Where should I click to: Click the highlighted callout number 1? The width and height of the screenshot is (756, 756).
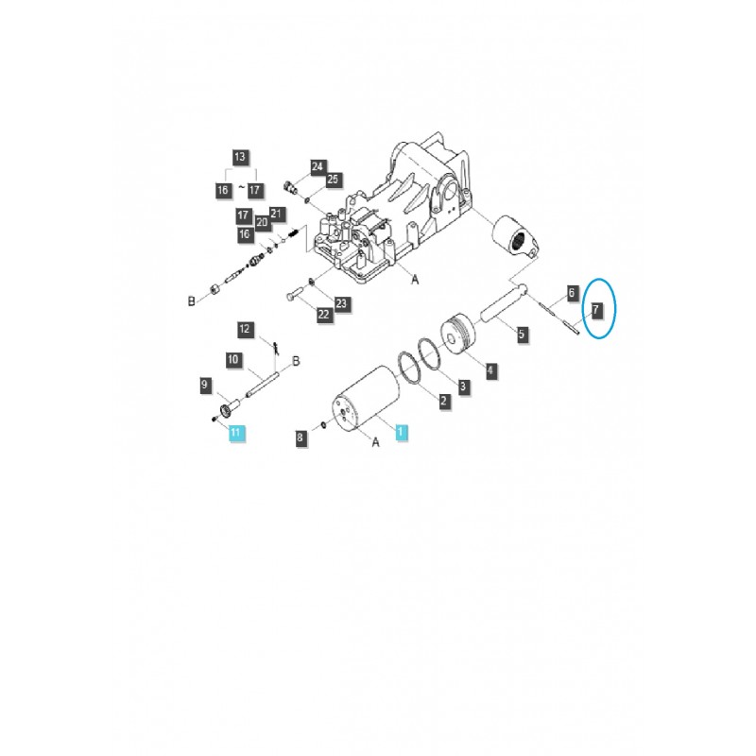pyautogui.click(x=401, y=432)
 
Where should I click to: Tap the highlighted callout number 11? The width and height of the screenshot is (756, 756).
pyautogui.click(x=235, y=433)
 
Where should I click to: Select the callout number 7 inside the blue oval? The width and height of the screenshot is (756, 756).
pyautogui.click(x=596, y=310)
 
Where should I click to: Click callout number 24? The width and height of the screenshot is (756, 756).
pyautogui.click(x=318, y=166)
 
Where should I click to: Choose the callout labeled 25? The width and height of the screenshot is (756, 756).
pyautogui.click(x=332, y=180)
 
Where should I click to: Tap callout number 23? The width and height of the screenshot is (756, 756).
pyautogui.click(x=341, y=303)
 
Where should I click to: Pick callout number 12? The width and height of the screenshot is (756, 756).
pyautogui.click(x=245, y=329)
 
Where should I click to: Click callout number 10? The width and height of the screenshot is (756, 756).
pyautogui.click(x=232, y=359)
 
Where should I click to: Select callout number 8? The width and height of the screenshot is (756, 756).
pyautogui.click(x=301, y=438)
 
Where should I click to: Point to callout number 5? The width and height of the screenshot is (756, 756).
pyautogui.click(x=521, y=333)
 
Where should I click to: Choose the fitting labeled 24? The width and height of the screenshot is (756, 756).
pyautogui.click(x=289, y=186)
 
